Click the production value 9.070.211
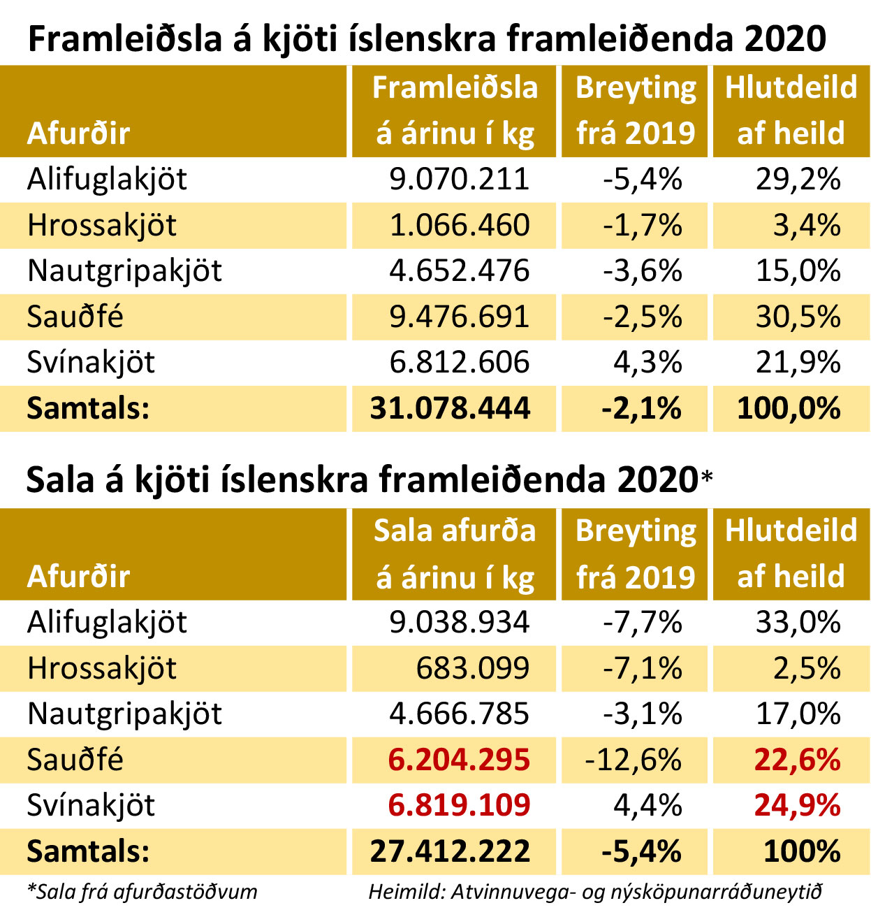[x=459, y=179]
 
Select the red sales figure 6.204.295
[x=459, y=760]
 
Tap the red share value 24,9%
[x=797, y=806]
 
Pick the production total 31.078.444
[x=450, y=408]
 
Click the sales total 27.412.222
[x=450, y=851]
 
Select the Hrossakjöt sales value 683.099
[x=473, y=668]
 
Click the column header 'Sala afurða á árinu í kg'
[x=455, y=554]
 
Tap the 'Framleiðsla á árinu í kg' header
[x=455, y=110]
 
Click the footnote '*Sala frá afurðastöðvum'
[x=142, y=892]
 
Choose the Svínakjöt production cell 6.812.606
[x=459, y=362]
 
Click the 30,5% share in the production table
[x=798, y=317]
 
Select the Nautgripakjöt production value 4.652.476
[x=459, y=270]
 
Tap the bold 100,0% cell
[x=789, y=408]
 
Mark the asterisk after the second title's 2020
[x=706, y=477]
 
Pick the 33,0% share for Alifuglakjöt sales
[x=798, y=622]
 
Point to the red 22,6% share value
[x=797, y=760]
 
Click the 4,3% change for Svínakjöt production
[x=647, y=362]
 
